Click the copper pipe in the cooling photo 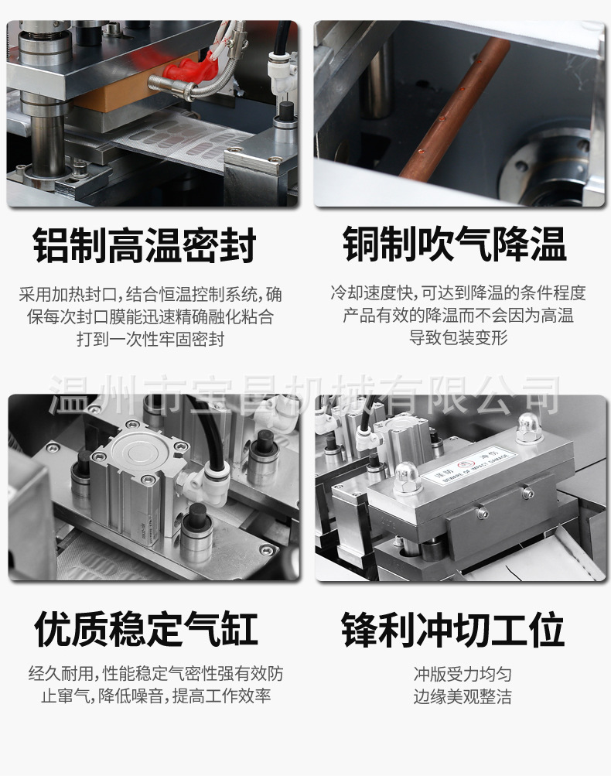click(456, 108)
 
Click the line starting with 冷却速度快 click(458, 293)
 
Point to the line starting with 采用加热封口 click(150, 295)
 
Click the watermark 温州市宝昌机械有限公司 click(305, 395)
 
